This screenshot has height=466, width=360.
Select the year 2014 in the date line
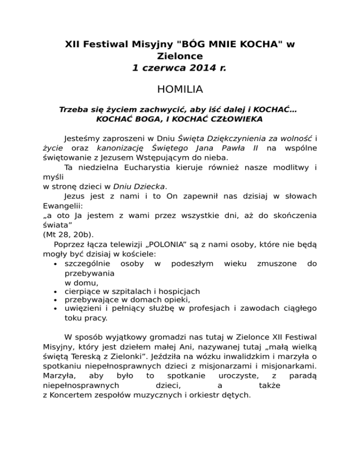click(x=199, y=68)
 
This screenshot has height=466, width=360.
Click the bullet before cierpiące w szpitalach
click(x=56, y=292)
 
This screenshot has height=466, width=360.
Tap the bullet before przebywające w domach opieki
click(x=56, y=301)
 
